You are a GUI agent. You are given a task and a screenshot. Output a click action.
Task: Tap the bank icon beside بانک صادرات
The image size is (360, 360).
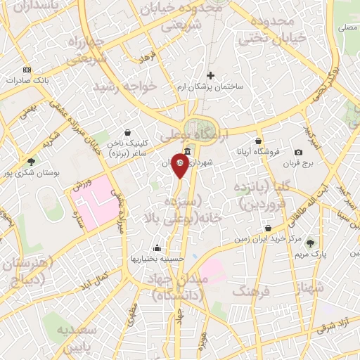[27, 70]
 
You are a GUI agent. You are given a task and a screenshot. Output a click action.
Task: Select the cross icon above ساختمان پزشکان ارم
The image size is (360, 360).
[210, 75]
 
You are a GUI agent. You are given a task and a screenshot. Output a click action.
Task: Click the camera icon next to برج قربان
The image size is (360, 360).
[298, 153]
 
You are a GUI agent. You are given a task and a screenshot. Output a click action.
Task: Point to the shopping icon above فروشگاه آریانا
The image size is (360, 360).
[259, 141]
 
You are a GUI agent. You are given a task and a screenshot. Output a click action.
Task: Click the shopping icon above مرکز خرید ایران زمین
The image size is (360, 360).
[269, 229]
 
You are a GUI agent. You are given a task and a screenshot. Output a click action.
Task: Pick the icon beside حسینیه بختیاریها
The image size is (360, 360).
[156, 247]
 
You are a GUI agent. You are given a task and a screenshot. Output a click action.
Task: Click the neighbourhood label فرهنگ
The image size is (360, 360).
[251, 290]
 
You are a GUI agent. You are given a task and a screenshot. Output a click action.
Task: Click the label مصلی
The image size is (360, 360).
[347, 27]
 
